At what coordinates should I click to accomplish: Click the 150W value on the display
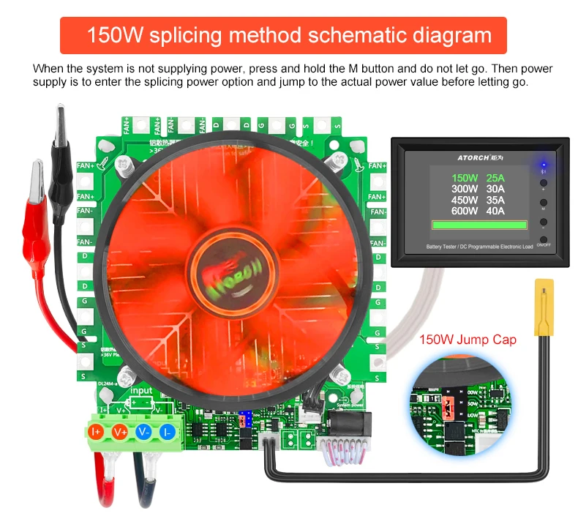point(464,178)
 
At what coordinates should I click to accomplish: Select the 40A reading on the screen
point(495,211)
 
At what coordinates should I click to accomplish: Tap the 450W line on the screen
point(464,200)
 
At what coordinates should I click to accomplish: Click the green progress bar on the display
point(479,225)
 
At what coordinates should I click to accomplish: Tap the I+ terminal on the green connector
point(97,432)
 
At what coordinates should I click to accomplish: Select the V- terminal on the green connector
point(145,432)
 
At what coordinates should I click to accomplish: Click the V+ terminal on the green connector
point(121,432)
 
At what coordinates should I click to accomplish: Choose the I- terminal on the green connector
point(168,432)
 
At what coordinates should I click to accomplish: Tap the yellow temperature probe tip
point(543,307)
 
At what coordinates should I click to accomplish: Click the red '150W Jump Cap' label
point(468,340)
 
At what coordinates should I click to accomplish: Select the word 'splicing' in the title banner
point(200,34)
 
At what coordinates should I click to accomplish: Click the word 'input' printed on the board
point(140,391)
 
